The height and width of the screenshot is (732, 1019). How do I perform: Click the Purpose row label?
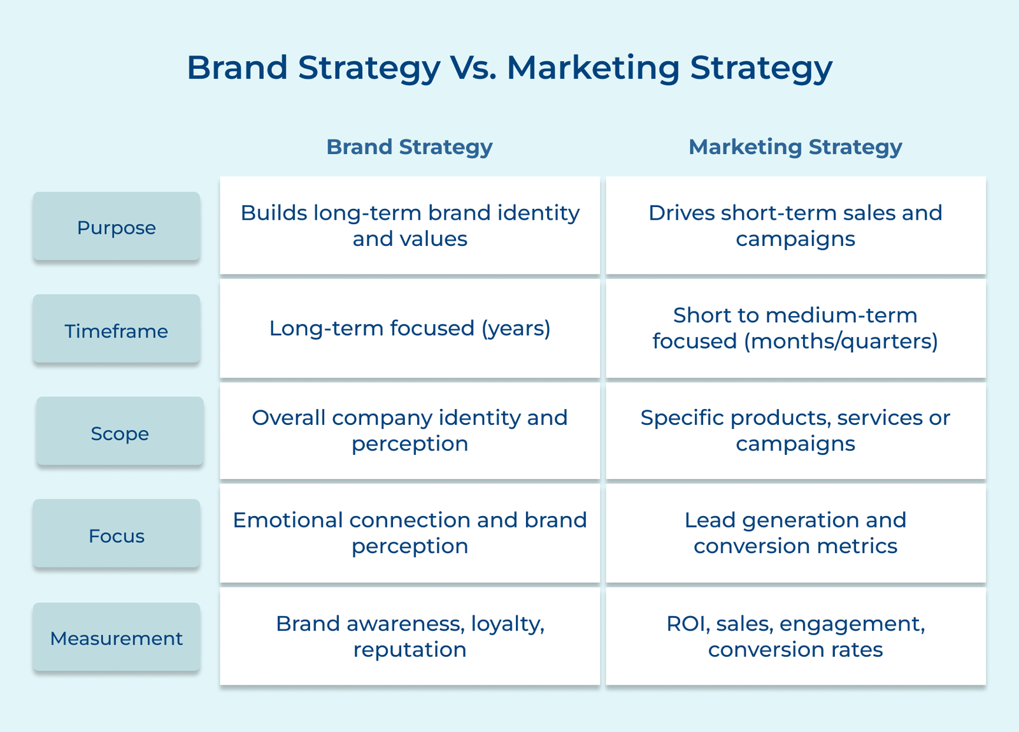117,227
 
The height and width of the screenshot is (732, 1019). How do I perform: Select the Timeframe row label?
117,331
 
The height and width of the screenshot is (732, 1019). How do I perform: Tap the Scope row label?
120,433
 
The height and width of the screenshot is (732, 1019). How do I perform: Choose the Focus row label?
117,536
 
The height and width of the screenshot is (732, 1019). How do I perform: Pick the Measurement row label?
117,638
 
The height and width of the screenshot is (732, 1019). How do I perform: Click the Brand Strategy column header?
410,147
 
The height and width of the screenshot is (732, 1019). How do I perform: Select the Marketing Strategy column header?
795,147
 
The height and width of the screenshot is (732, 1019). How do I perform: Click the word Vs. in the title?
473,68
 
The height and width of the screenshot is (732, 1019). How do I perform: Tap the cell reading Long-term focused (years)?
410,328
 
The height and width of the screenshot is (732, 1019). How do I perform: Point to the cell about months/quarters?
795,328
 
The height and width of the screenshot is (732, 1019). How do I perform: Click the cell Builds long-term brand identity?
410,226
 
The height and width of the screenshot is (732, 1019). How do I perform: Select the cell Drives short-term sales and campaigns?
795,226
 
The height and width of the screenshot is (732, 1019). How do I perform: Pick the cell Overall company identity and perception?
410,431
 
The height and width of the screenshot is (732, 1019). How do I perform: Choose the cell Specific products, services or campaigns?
795,431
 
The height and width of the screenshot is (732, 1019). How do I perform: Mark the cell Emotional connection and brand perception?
410,533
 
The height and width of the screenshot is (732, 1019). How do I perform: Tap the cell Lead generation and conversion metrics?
795,533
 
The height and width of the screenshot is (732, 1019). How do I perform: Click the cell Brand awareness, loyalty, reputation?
410,636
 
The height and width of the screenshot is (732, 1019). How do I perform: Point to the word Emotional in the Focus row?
288,520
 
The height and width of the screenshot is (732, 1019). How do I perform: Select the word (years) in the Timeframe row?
516,329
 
